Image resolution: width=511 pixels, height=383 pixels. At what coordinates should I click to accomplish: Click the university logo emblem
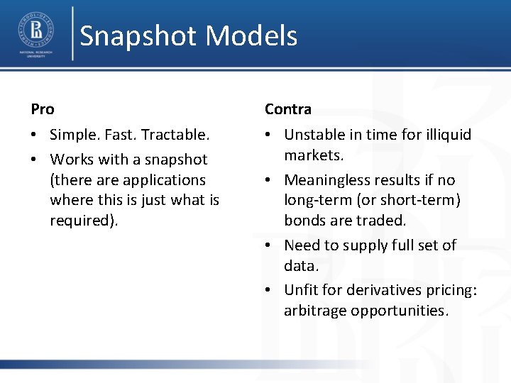click(35, 30)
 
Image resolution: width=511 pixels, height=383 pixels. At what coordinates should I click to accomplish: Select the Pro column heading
click(43, 109)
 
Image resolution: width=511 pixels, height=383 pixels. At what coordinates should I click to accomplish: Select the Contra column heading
click(288, 109)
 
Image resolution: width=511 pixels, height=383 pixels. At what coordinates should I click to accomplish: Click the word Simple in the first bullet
click(73, 135)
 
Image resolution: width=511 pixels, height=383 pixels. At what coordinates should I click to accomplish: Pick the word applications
click(163, 180)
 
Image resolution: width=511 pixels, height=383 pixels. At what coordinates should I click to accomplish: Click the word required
click(81, 221)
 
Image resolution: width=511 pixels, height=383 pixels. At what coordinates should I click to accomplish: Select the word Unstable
click(315, 135)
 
